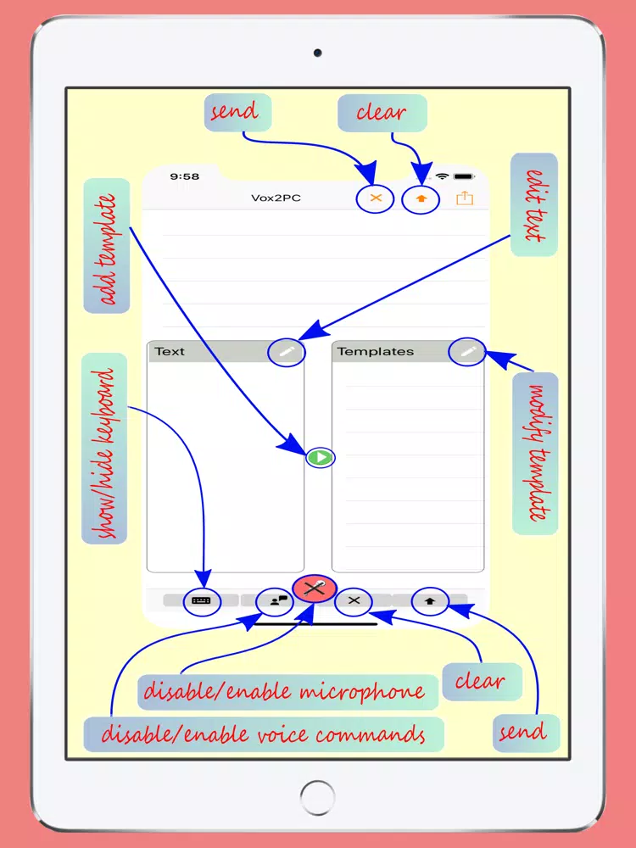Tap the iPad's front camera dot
[317, 53]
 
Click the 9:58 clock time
[184, 177]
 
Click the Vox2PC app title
[276, 198]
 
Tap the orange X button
[376, 198]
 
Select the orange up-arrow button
[421, 198]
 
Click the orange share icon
[465, 198]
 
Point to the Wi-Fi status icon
[443, 176]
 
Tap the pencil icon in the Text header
[286, 352]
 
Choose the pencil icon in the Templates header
[467, 352]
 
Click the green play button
[321, 458]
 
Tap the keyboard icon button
[201, 601]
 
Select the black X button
[354, 601]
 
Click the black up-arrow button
[430, 601]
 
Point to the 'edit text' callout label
[533, 204]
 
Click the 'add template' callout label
[107, 246]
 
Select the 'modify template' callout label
[535, 453]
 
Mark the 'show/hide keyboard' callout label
[104, 449]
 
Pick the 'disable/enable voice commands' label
[264, 734]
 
